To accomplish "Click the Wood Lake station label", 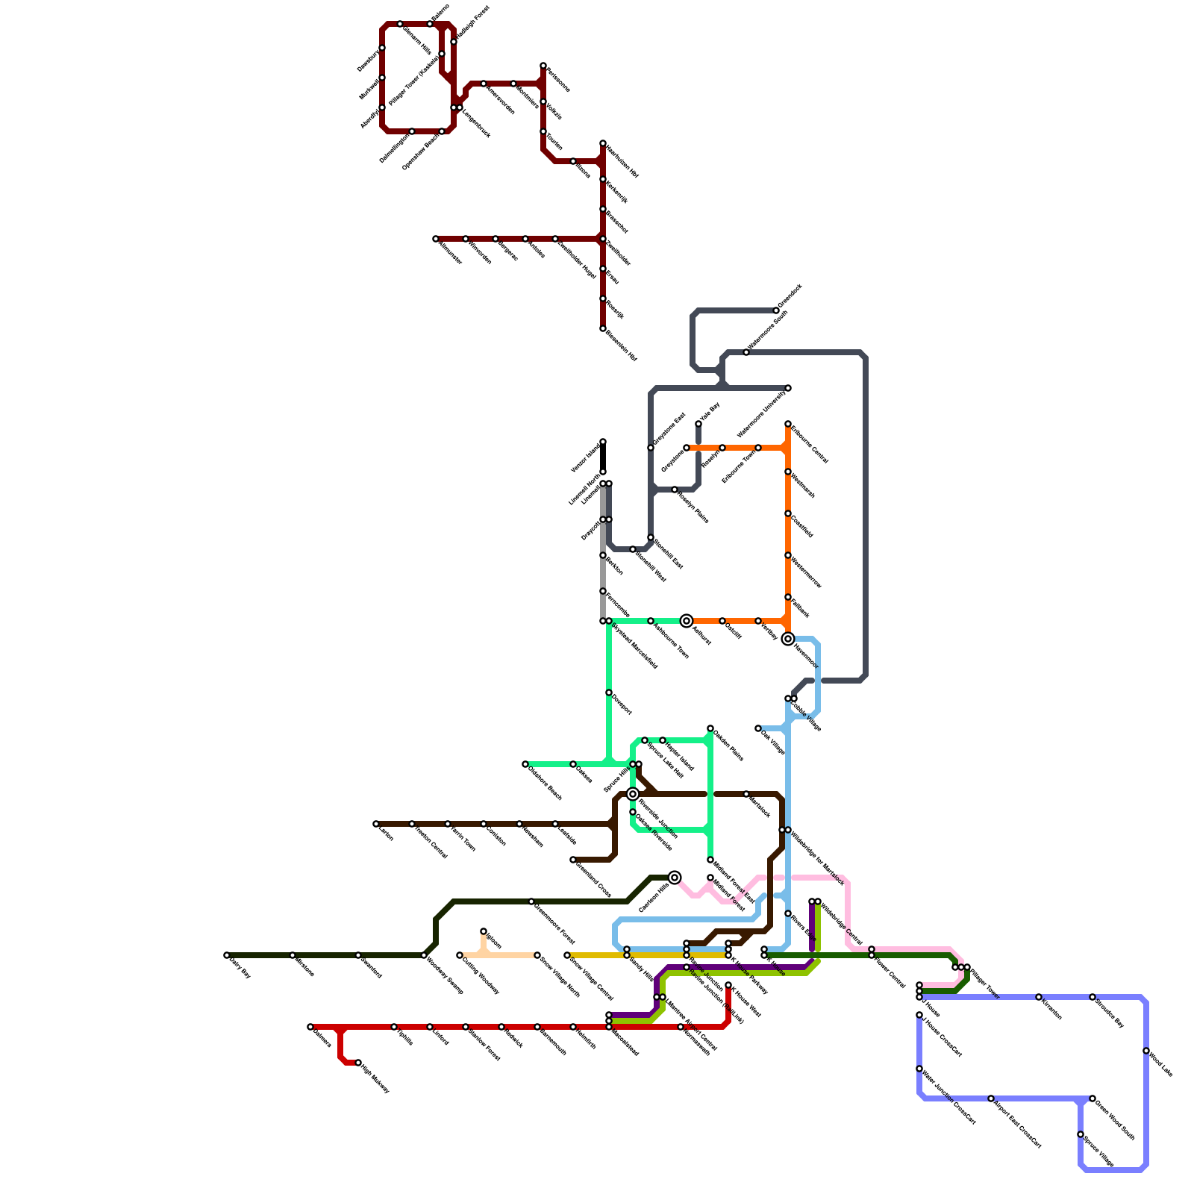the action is (x=1161, y=1064).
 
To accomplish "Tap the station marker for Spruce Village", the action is (x=1081, y=1134).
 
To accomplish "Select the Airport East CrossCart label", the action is (x=1016, y=1124).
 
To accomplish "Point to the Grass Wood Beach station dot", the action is (x=1093, y=1098).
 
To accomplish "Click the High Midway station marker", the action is (x=358, y=1063).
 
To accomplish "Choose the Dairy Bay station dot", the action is (x=227, y=955).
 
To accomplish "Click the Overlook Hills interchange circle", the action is (x=675, y=878).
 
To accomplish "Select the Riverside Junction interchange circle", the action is (x=633, y=794).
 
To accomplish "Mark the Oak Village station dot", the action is (x=758, y=728).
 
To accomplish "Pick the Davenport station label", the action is (x=622, y=705).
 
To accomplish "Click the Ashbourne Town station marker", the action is (x=651, y=621).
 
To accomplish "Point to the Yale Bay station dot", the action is (x=698, y=424).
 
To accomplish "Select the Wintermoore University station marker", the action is (x=788, y=388).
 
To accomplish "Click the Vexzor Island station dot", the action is (x=603, y=442).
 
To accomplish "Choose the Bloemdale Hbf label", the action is (x=622, y=346).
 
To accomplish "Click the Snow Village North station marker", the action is (x=537, y=955).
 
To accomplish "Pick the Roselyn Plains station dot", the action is (x=675, y=490).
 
